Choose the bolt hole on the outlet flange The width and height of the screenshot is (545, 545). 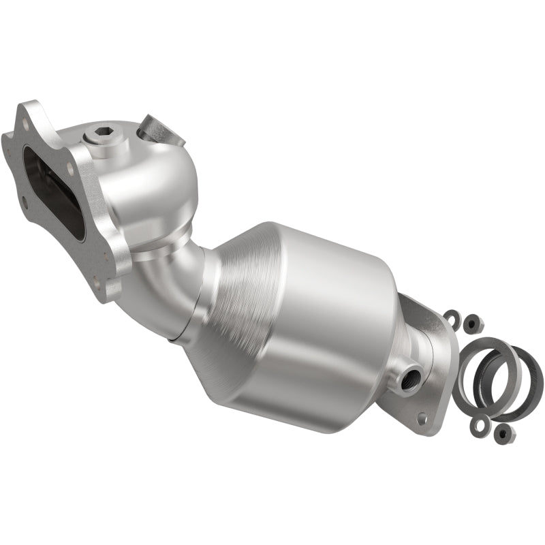(422, 418)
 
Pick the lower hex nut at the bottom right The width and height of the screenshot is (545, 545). (503, 432)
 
